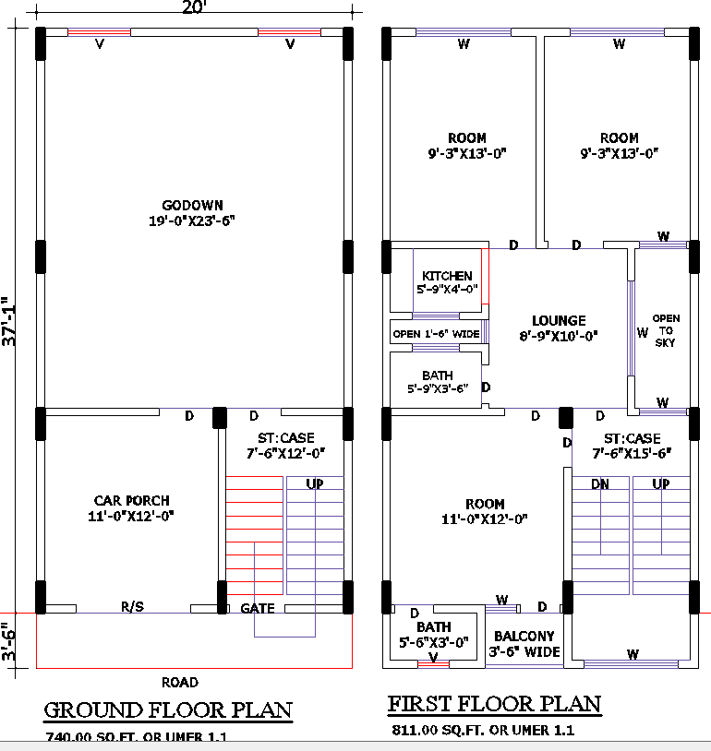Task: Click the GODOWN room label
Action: tap(192, 205)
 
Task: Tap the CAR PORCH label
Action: tap(131, 501)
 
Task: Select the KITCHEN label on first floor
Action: tap(447, 276)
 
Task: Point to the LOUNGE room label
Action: tap(558, 321)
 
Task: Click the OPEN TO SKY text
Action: tap(666, 330)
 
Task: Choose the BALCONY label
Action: tap(524, 637)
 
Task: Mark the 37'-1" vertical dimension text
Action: tap(9, 321)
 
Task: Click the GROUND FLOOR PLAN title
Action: tap(168, 710)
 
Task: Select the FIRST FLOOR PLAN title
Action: tap(494, 705)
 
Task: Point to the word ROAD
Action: tap(180, 683)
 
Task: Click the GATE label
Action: tap(258, 609)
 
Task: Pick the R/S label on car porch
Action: tap(132, 607)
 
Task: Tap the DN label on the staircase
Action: tap(599, 483)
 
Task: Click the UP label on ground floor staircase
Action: tap(314, 483)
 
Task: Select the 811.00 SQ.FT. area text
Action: tap(480, 730)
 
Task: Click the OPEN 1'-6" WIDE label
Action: tap(436, 334)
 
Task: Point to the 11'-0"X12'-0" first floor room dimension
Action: tap(485, 519)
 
